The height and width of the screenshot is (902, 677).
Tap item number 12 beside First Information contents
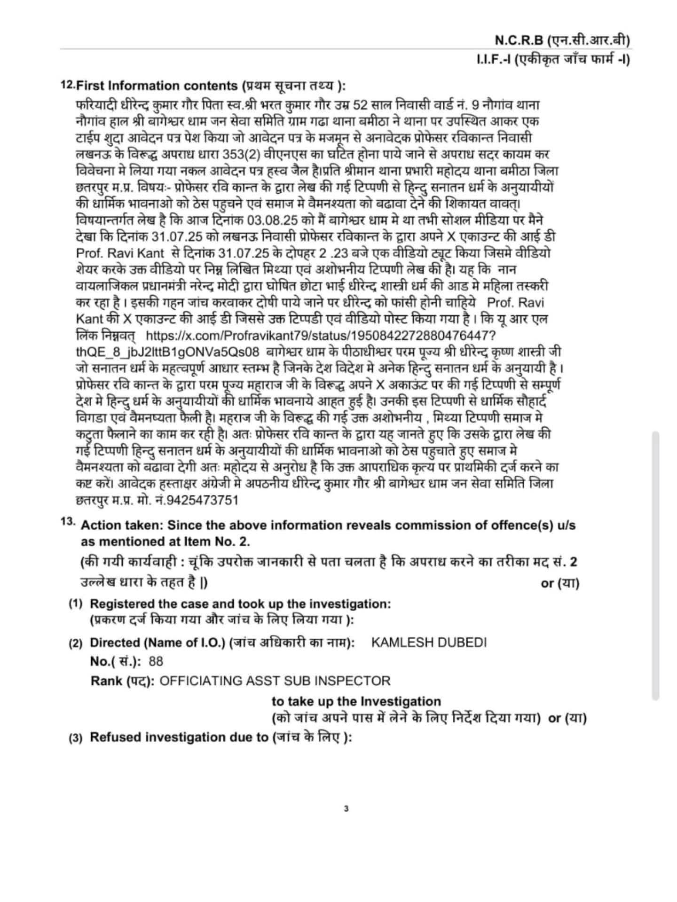pyautogui.click(x=67, y=85)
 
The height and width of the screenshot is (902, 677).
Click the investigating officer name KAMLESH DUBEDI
pyautogui.click(x=429, y=642)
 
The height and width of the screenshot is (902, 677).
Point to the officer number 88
pyautogui.click(x=156, y=661)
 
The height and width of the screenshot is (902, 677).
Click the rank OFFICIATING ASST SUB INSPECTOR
pyautogui.click(x=275, y=681)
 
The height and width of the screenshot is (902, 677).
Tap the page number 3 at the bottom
pyautogui.click(x=346, y=809)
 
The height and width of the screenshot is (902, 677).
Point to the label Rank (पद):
pyautogui.click(x=122, y=681)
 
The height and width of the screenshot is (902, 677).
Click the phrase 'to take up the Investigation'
pyautogui.click(x=356, y=701)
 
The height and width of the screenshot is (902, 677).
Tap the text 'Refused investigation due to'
pyautogui.click(x=179, y=737)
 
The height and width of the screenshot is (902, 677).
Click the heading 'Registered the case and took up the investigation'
pyautogui.click(x=240, y=604)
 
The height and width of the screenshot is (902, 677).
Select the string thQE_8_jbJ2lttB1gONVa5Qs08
pyautogui.click(x=167, y=352)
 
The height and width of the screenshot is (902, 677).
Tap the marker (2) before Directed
pyautogui.click(x=76, y=643)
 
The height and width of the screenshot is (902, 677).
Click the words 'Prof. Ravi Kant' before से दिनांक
pyautogui.click(x=120, y=253)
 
